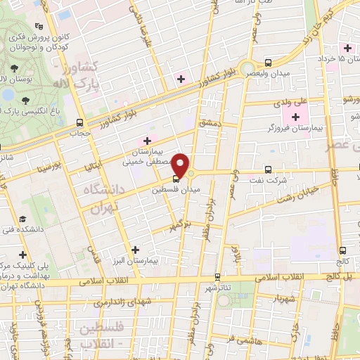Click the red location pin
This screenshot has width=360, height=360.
tap(181, 166)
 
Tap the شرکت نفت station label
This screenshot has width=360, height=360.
tap(272, 180)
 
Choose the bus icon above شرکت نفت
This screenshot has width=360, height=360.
tap(268, 169)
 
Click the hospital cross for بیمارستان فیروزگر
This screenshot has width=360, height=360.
tap(295, 117)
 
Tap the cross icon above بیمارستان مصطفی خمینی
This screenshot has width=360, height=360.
tap(147, 141)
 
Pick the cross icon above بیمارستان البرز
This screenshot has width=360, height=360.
tap(135, 250)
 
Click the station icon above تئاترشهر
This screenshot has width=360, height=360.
tap(217, 276)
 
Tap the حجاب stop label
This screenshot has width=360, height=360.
tap(76, 131)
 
